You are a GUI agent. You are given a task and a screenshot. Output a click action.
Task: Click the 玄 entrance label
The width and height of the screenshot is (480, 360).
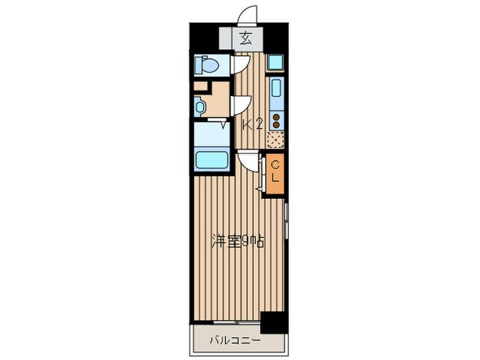click(246, 38)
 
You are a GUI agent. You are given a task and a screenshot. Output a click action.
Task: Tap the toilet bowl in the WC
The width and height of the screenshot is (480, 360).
click(210, 65)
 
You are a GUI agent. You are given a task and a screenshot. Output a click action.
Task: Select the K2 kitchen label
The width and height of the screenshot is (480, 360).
click(252, 125)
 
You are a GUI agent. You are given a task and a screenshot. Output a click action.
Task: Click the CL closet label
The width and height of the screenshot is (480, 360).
click(276, 172)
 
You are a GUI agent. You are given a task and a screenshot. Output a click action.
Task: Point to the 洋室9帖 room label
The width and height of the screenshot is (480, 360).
click(237, 241)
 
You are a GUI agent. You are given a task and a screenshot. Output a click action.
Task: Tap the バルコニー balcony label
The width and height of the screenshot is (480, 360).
click(235, 340)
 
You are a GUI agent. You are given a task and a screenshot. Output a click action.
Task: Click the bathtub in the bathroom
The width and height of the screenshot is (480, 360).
click(213, 160)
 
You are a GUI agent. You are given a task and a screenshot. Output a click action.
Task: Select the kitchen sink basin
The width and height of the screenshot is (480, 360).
click(276, 88)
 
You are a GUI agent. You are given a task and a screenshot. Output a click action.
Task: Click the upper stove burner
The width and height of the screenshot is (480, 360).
click(276, 117)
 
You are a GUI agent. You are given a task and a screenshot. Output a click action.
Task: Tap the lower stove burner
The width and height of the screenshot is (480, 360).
click(276, 125)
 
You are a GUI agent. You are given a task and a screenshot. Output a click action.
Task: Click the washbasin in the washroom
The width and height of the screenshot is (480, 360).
click(200, 107)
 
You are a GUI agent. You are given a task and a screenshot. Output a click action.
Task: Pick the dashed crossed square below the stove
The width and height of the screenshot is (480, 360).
click(276, 140)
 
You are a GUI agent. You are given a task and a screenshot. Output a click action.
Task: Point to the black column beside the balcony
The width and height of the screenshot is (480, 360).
click(274, 323)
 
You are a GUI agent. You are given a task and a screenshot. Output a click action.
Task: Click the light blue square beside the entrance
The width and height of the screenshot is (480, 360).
click(276, 62)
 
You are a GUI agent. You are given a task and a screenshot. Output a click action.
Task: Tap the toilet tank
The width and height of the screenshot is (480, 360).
click(198, 65)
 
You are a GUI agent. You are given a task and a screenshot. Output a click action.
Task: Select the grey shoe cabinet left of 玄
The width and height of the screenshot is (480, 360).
click(226, 38)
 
